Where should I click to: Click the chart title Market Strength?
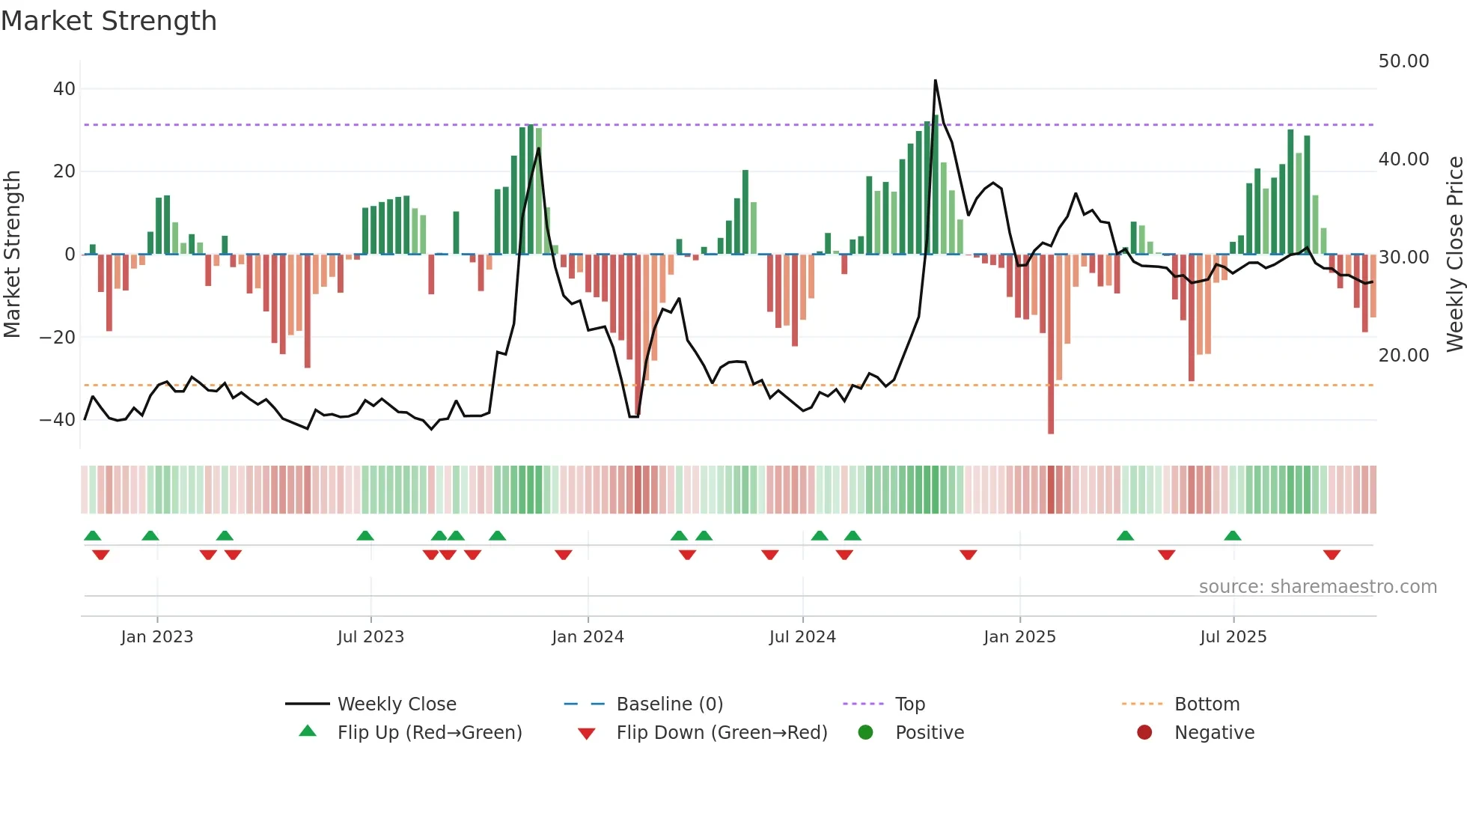(109, 21)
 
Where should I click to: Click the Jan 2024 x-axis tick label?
(588, 637)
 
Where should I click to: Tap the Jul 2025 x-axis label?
(1233, 637)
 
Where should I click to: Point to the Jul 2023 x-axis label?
(370, 637)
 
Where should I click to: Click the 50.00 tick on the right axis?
(1403, 61)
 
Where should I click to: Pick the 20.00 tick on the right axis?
(1403, 356)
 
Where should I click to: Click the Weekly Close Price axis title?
(1454, 255)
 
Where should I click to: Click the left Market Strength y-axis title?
(12, 255)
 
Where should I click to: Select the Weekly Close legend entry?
(396, 704)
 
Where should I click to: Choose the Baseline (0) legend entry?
(669, 704)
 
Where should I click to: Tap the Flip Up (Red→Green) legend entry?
(429, 733)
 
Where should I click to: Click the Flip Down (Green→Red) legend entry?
(722, 733)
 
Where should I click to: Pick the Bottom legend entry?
(1207, 704)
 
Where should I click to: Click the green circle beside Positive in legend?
(865, 733)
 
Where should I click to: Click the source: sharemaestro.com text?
(1317, 587)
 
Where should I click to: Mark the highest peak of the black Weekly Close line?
(935, 81)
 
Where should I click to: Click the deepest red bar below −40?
(1051, 430)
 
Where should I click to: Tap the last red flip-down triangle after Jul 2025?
(1332, 555)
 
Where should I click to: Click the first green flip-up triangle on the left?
(93, 535)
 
